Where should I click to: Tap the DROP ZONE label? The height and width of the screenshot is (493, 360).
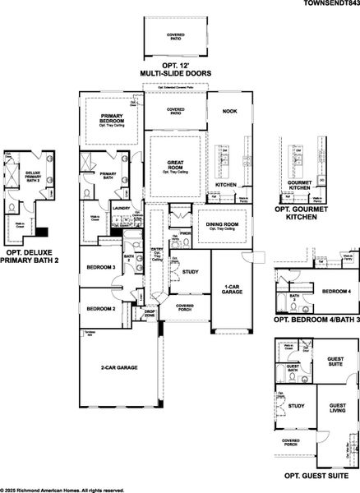click(x=150, y=313)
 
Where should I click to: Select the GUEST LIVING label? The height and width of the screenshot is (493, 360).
click(x=336, y=411)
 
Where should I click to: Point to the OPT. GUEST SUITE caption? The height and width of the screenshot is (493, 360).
click(x=312, y=476)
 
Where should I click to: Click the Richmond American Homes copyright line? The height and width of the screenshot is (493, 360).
click(x=62, y=489)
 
